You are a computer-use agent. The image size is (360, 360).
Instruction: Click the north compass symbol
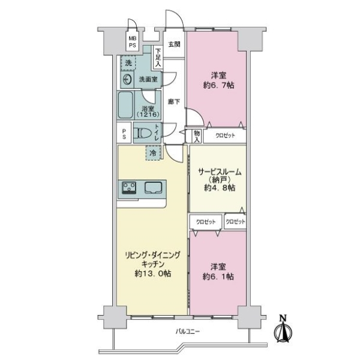point(283,330)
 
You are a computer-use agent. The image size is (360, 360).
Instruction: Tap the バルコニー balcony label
point(188,331)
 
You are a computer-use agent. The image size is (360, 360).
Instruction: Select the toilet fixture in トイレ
point(143,133)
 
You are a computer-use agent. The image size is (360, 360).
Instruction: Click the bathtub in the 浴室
point(125,105)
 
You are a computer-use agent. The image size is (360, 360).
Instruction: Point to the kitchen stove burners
point(129,188)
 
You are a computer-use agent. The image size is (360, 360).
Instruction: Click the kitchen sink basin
point(154,187)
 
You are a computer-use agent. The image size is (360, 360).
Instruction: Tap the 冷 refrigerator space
point(153,153)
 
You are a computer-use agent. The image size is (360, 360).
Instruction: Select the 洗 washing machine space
point(128,62)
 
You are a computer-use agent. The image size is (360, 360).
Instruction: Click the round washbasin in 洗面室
point(127,80)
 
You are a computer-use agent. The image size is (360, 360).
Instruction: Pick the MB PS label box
point(132,42)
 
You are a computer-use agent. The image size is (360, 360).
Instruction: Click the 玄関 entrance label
point(174,44)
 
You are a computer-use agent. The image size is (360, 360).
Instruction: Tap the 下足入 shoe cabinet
point(158,58)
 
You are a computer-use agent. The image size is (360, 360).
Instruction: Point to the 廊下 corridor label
point(174,101)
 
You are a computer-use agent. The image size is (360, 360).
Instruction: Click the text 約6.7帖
point(218,85)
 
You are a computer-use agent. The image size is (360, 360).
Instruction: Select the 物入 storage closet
point(197,136)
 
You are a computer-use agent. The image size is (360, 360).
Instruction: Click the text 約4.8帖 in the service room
point(220,188)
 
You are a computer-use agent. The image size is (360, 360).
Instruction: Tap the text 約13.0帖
point(152,274)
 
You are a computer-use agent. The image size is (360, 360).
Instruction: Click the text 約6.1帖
point(218,277)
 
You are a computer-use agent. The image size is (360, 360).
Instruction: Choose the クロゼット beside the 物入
point(225,136)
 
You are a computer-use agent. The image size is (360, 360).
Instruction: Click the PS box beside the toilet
point(124,134)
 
